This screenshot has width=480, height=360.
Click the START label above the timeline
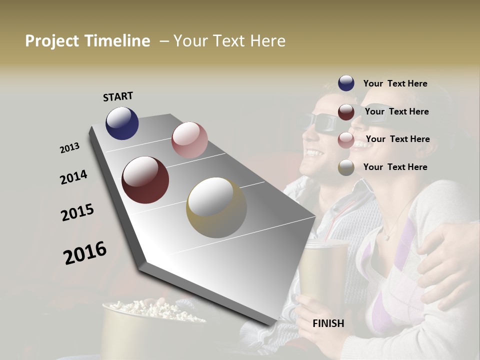(x=118, y=96)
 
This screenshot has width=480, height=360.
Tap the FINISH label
(x=328, y=323)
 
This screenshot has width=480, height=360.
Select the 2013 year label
(x=69, y=148)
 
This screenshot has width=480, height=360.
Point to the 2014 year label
(x=73, y=177)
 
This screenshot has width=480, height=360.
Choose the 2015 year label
(x=77, y=212)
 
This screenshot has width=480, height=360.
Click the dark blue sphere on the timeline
(x=122, y=123)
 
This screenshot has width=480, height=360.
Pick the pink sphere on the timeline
(x=189, y=140)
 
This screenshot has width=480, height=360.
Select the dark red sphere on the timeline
(x=145, y=180)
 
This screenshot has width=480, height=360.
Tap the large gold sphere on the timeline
(x=216, y=207)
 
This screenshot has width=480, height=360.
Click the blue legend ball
(x=346, y=83)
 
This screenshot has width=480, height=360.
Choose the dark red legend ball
(x=346, y=111)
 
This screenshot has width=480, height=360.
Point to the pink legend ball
(x=346, y=139)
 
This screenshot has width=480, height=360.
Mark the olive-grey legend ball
(x=346, y=167)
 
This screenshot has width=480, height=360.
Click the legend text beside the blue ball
(x=395, y=83)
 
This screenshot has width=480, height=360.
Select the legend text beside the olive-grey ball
(x=395, y=167)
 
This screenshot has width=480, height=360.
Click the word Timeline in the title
(x=117, y=41)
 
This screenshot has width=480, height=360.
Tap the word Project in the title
(x=52, y=41)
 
